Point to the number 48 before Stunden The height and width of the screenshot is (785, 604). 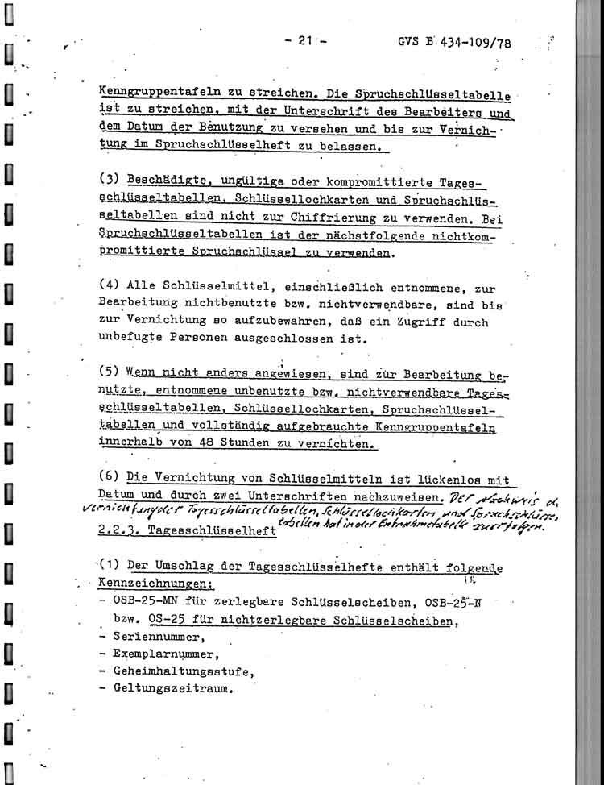[x=205, y=444]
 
